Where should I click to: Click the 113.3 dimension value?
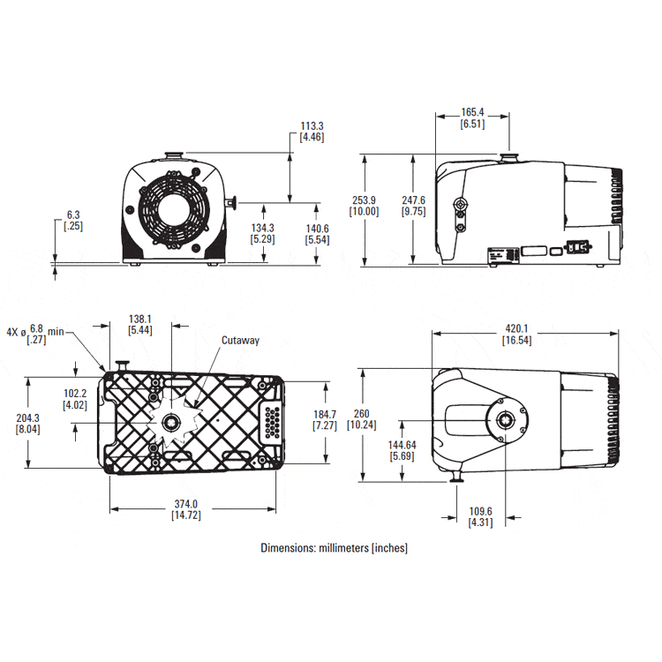(312, 126)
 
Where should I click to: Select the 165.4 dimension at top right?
(472, 113)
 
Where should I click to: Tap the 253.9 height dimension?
(364, 199)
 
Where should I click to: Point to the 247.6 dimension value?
(413, 199)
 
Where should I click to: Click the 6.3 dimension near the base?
(73, 214)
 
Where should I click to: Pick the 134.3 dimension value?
(263, 227)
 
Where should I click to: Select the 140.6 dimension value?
(317, 227)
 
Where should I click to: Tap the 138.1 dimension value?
(141, 319)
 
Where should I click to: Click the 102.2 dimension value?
(75, 394)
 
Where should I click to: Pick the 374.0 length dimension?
(186, 504)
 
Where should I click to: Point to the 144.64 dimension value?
(403, 445)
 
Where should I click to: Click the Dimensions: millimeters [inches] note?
(334, 548)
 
